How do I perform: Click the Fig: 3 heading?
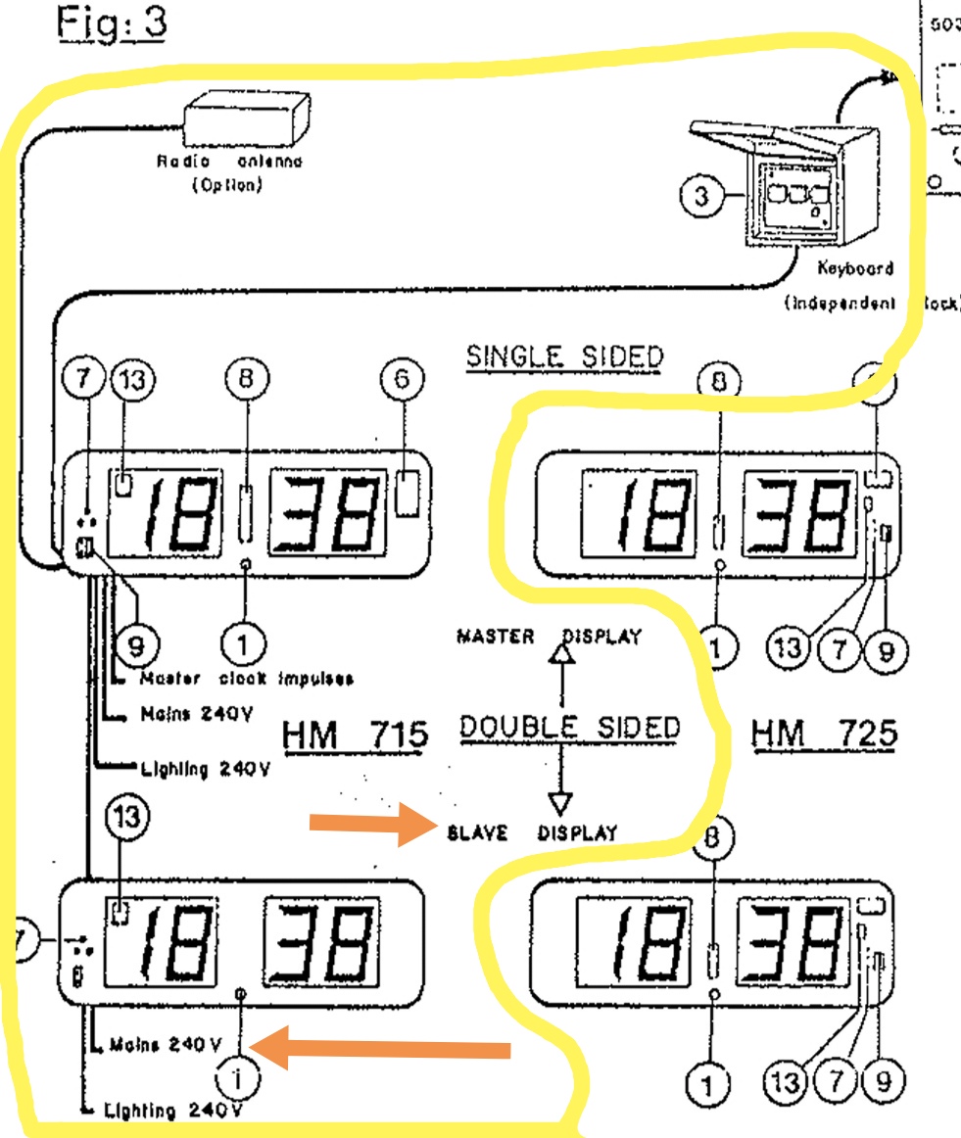(110, 24)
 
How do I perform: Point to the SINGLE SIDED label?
(564, 357)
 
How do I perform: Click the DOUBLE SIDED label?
(569, 728)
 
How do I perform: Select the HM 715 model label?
(356, 735)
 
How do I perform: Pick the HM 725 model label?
(825, 734)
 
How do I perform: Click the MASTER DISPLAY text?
(549, 637)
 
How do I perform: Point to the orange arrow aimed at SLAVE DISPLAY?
(371, 829)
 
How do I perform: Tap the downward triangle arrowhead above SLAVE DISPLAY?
(559, 801)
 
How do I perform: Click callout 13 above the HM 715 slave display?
(128, 815)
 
